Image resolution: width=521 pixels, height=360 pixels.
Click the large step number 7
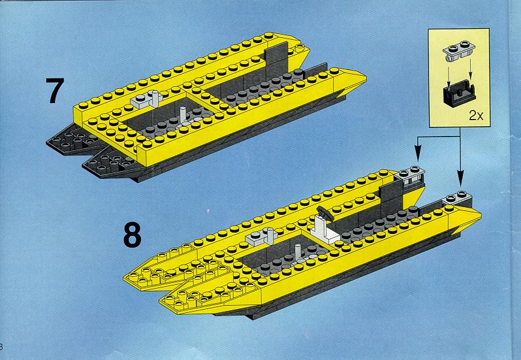click(x=54, y=91)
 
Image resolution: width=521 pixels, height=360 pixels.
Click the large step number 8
click(x=133, y=235)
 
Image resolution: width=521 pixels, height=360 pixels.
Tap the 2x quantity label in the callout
click(x=476, y=116)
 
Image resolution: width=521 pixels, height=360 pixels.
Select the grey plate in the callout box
click(x=458, y=52)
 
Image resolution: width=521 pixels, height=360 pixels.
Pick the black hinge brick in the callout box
click(x=459, y=93)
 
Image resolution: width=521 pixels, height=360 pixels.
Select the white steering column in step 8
click(x=324, y=230)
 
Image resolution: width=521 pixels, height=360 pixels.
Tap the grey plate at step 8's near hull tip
click(x=458, y=198)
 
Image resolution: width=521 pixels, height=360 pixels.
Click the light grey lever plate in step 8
click(x=261, y=237)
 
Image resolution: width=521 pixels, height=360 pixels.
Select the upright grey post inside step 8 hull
click(x=298, y=253)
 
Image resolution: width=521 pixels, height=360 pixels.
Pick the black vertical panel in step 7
click(x=276, y=59)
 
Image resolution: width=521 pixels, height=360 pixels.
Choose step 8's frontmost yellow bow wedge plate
click(x=199, y=296)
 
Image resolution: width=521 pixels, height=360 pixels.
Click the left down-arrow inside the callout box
click(x=448, y=77)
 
